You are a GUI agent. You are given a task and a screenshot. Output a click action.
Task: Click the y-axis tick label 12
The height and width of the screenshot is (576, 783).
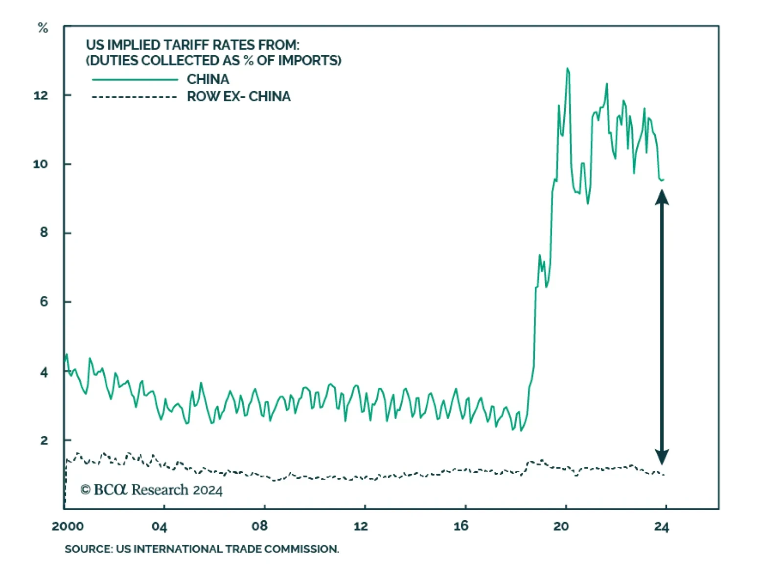[x=41, y=95]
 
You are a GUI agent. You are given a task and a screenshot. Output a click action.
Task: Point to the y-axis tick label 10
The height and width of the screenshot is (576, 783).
[x=41, y=164]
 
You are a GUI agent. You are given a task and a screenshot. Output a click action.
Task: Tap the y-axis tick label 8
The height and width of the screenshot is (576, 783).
[x=44, y=233]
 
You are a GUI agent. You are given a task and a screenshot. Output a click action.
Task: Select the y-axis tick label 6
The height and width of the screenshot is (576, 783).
[x=44, y=302]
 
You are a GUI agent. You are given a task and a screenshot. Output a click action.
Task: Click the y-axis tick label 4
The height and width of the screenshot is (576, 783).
[x=44, y=372]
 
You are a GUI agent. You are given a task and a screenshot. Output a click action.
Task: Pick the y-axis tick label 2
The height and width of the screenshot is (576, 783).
[x=44, y=440]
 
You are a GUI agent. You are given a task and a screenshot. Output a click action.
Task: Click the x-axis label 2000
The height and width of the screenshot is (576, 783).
[x=68, y=527]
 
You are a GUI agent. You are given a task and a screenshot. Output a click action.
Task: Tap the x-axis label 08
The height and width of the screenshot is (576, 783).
[x=260, y=527]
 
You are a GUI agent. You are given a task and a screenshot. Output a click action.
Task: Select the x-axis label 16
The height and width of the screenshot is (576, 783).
[x=461, y=527]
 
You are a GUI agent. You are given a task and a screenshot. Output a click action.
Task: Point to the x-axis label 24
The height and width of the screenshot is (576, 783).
[x=662, y=527]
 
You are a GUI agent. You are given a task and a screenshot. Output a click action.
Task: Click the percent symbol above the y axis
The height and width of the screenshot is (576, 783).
[x=43, y=28]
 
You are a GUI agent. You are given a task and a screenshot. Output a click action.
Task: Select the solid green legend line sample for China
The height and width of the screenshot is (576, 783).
[x=135, y=79]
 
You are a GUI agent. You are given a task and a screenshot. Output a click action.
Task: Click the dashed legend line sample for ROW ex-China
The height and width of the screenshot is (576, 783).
[x=135, y=97]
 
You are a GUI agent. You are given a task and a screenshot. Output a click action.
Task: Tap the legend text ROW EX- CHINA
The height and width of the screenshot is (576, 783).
[x=239, y=97]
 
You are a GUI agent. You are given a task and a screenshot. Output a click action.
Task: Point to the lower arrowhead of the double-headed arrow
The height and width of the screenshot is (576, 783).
[x=662, y=457]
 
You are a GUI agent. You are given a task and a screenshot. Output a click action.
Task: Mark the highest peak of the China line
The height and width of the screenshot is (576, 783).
[x=568, y=69]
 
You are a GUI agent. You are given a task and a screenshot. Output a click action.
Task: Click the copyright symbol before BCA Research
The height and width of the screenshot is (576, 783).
[x=86, y=490]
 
